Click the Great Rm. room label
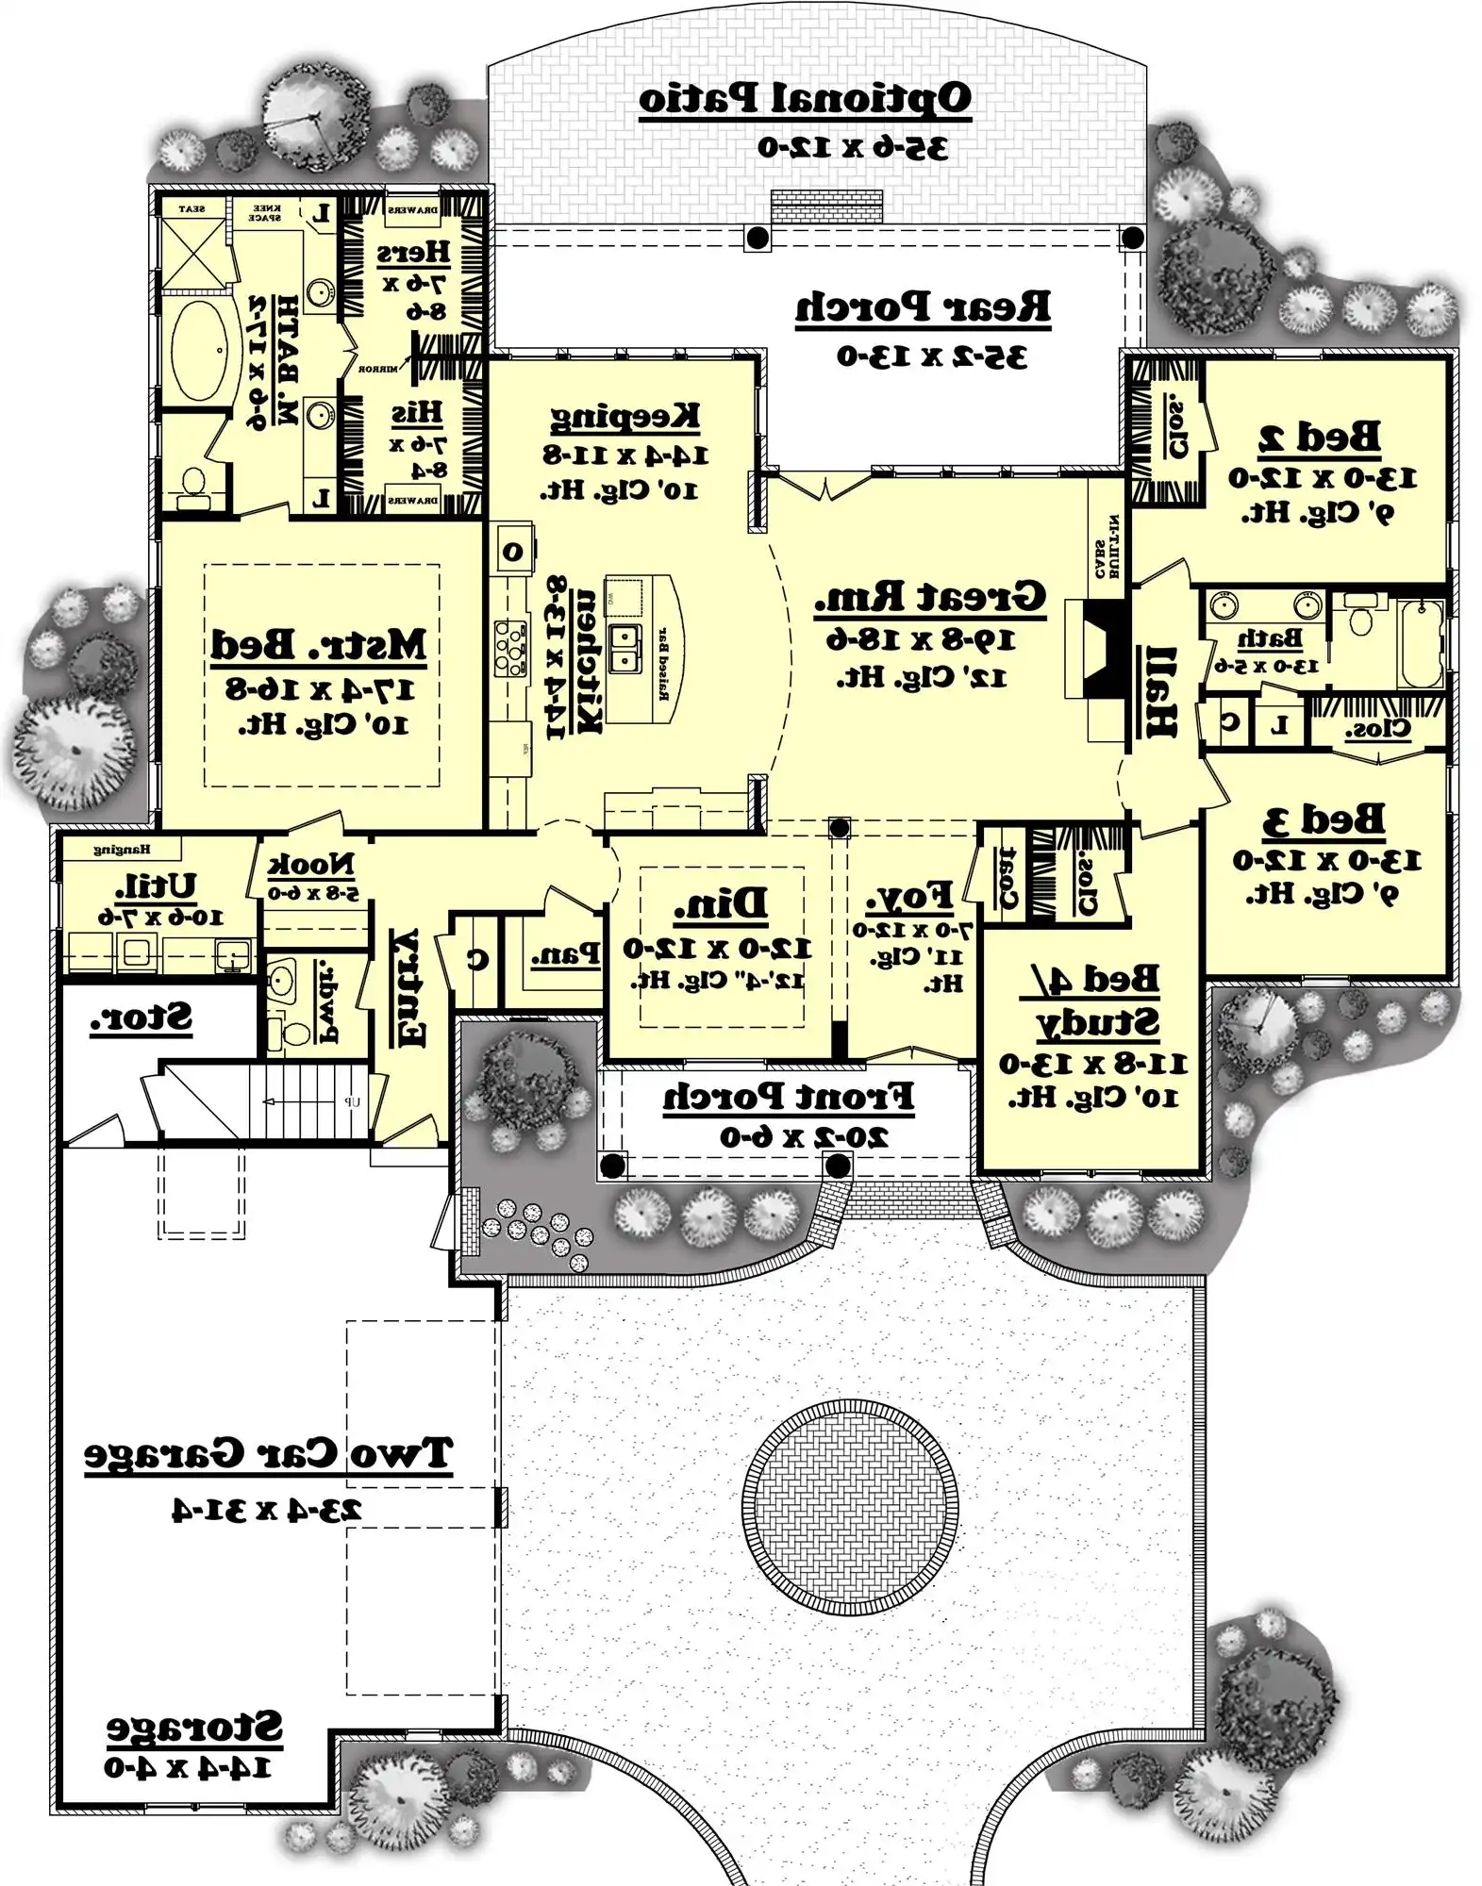tap(930, 598)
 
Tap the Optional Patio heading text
tap(805, 99)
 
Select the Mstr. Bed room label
tap(319, 645)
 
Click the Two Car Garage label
tap(269, 1453)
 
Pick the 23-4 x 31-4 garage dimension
tap(267, 1509)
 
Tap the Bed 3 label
tap(1324, 819)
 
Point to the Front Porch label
tap(788, 1097)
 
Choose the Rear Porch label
tap(922, 306)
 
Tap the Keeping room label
tap(624, 415)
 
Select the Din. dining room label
tap(721, 904)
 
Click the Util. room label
tap(157, 885)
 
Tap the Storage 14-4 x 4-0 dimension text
tap(188, 1767)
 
